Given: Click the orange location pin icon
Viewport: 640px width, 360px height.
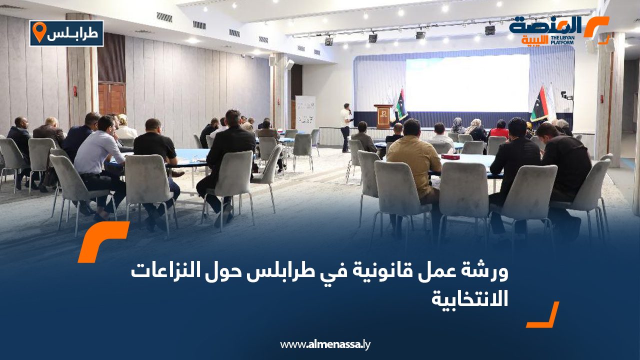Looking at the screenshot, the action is click(39, 31).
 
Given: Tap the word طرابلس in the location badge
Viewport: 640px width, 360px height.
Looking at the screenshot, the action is click(73, 33).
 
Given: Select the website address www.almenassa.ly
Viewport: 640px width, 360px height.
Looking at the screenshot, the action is click(325, 344).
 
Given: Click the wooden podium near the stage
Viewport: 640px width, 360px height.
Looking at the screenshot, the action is click(383, 116).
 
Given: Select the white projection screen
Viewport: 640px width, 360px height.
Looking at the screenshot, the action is click(467, 83).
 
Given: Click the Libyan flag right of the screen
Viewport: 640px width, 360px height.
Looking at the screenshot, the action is click(539, 104).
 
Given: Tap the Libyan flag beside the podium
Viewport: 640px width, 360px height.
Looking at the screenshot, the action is click(401, 104).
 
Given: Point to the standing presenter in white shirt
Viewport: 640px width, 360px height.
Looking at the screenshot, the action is click(345, 127).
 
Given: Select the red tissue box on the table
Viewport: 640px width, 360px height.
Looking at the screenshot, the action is click(450, 157).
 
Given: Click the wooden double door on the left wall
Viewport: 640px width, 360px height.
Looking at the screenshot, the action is click(111, 98).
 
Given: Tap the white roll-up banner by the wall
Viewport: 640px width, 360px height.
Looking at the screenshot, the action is click(305, 114).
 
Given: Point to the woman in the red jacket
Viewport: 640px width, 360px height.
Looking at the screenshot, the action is click(499, 130).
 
